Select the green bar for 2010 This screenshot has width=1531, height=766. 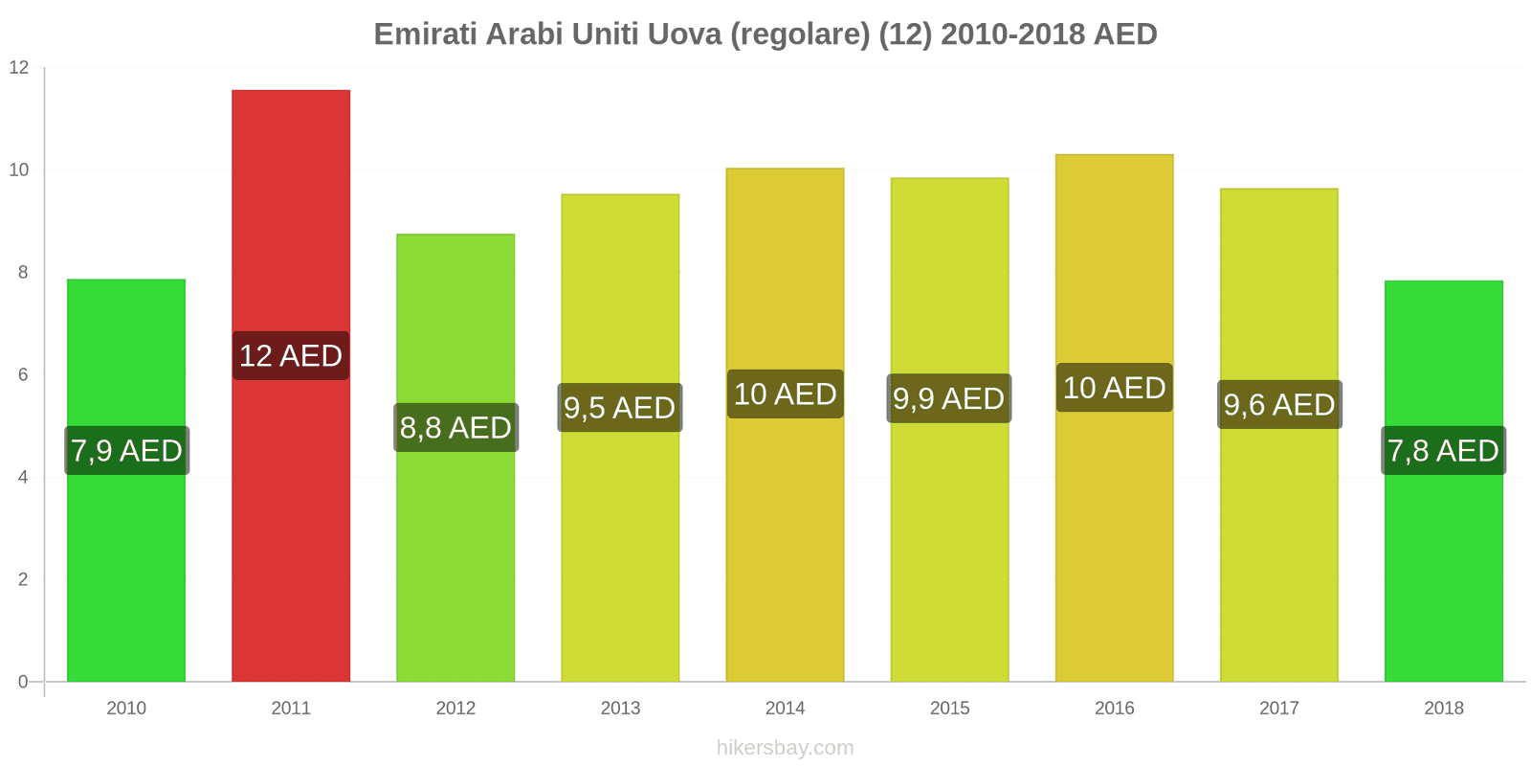(126, 574)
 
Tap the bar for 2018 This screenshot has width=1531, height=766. (1443, 574)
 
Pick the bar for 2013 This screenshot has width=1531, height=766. (620, 555)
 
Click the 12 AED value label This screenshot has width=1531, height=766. (291, 356)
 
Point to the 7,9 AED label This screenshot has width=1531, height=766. (126, 451)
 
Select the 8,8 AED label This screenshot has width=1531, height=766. (455, 428)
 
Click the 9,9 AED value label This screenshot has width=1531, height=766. (949, 399)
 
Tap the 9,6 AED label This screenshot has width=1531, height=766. (1279, 405)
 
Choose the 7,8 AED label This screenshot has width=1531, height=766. (1443, 451)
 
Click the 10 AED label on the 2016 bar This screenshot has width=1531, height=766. (1115, 388)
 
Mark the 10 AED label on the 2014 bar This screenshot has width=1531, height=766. (785, 394)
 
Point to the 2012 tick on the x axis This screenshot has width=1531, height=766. (455, 709)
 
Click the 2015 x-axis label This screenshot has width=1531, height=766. (949, 709)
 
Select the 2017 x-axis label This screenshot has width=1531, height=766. (1279, 709)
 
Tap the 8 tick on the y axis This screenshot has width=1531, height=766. (23, 273)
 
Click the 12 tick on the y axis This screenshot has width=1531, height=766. (19, 68)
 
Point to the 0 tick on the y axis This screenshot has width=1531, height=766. (23, 683)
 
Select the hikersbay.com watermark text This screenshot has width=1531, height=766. (785, 748)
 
